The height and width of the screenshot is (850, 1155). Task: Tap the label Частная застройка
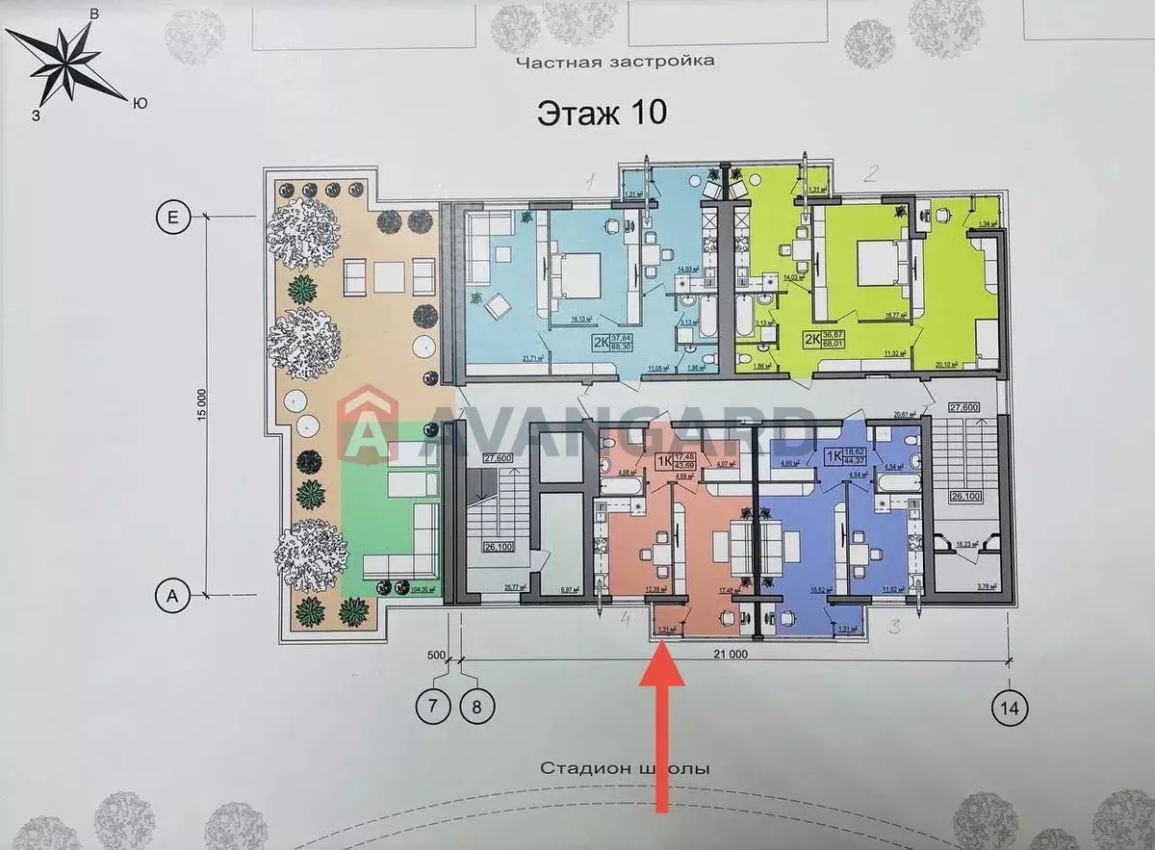(615, 62)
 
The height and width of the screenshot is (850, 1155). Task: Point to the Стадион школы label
(625, 768)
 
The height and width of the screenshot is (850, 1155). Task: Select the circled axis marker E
(172, 219)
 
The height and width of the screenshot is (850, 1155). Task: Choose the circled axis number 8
(477, 708)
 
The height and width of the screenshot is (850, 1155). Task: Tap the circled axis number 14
(1009, 708)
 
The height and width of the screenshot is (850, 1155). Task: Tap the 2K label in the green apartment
(813, 339)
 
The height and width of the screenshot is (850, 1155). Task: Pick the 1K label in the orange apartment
(662, 462)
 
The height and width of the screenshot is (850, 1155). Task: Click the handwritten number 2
(870, 174)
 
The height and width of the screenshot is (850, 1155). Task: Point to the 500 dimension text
(438, 657)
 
